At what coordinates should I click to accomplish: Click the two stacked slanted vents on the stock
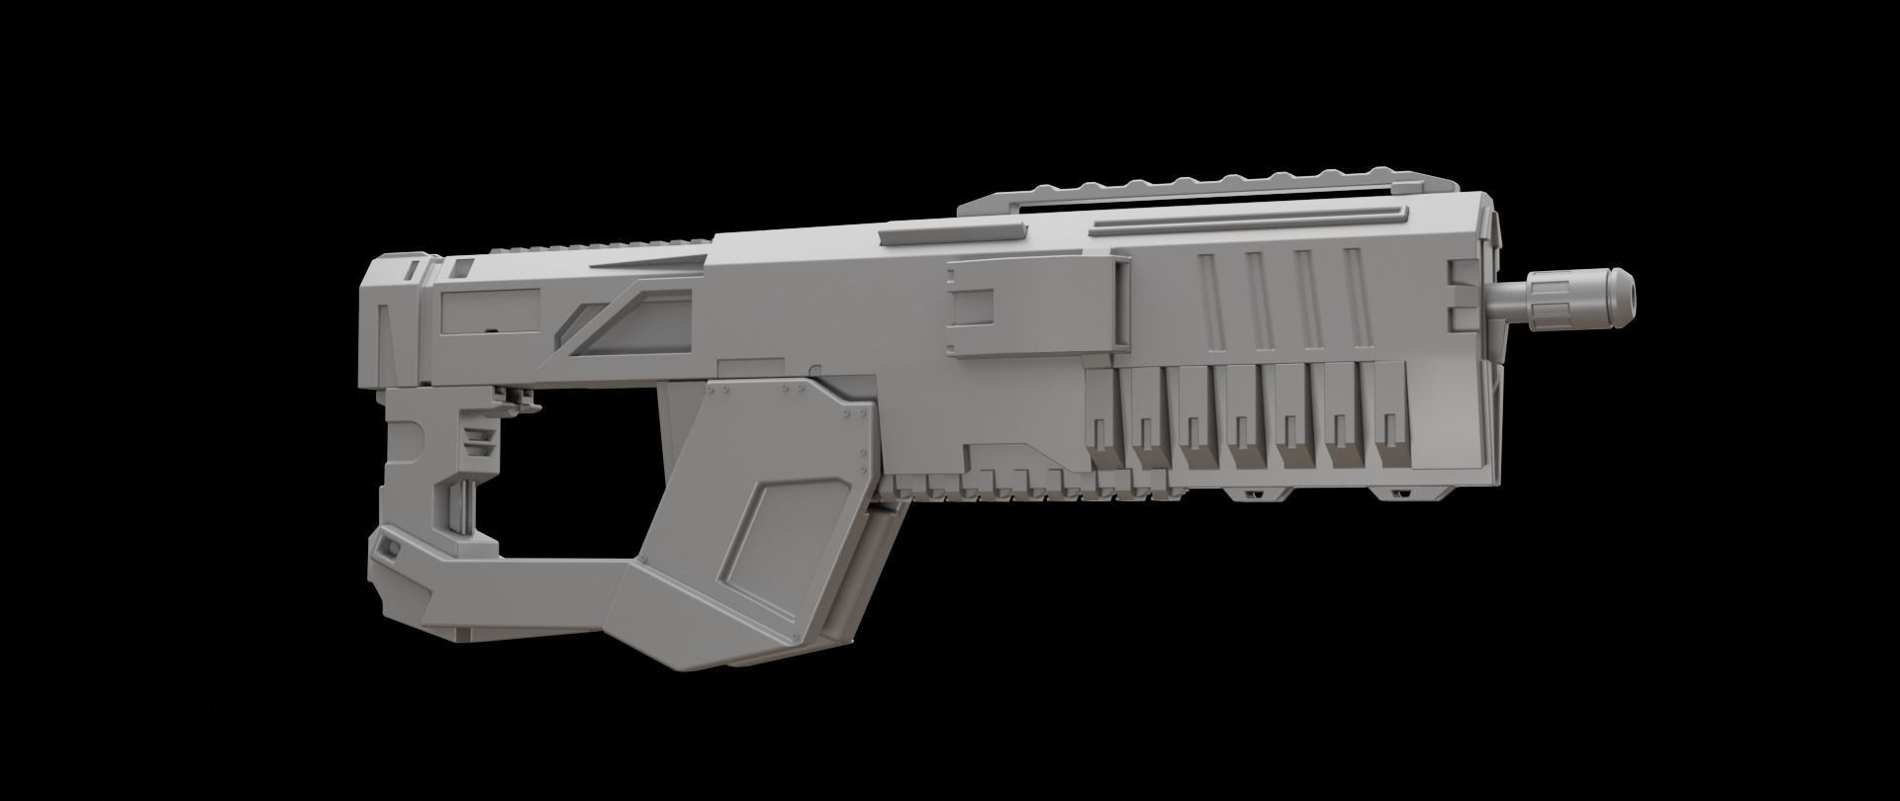479,442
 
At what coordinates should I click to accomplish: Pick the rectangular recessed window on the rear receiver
486,311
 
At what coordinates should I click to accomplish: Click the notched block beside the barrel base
1468,293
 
